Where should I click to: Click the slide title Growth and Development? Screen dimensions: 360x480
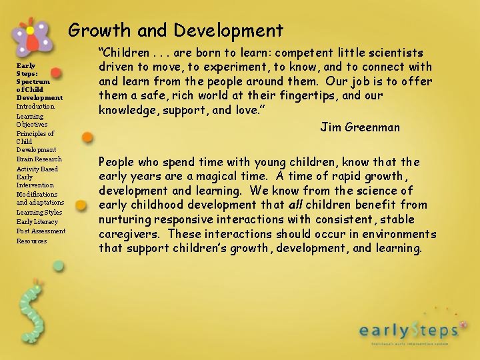[x=176, y=31]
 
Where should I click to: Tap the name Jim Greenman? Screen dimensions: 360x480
[x=360, y=127]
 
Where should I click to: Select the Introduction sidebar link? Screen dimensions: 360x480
[x=35, y=107]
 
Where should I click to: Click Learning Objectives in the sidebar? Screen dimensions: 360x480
[x=32, y=120]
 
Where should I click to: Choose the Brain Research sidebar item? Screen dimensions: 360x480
[x=39, y=159]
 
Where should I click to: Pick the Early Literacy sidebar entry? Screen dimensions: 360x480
[x=37, y=221]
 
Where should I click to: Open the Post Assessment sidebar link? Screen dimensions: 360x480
[x=41, y=231]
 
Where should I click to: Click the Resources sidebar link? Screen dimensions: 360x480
[x=31, y=241]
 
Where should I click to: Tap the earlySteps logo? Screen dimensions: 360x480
[x=409, y=329]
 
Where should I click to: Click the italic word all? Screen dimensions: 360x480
[x=297, y=205]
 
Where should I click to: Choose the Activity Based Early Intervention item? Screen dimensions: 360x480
[x=37, y=177]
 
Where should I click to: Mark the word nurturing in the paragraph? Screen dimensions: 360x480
[x=124, y=219]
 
